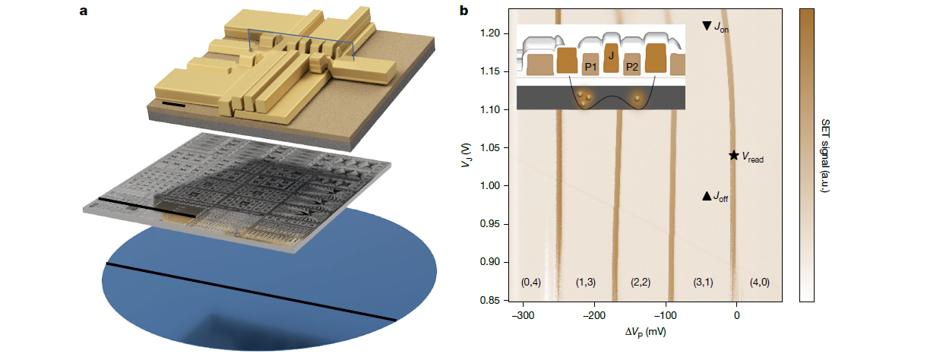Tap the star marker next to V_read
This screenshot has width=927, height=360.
733,155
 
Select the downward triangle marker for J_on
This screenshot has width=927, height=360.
707,26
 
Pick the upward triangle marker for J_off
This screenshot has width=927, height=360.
707,196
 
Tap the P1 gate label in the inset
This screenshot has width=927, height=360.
590,68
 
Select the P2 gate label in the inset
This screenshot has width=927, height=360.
631,68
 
